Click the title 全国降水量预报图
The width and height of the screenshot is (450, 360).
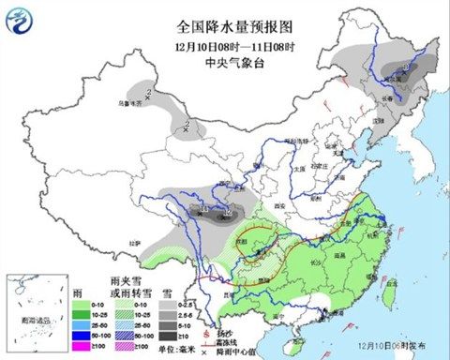coord(224,27)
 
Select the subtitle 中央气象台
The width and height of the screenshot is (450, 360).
coord(224,63)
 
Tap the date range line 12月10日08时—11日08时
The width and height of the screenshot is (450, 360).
coord(224,45)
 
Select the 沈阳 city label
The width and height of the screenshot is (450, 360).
coord(380,120)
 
